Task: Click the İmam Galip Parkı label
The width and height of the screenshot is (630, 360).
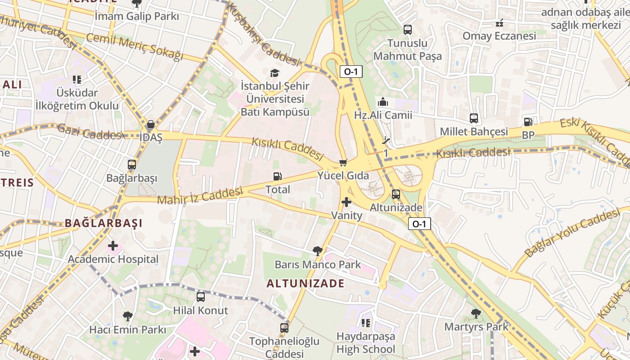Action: click(x=137, y=17)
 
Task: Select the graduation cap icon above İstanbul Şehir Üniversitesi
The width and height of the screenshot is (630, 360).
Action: click(x=274, y=73)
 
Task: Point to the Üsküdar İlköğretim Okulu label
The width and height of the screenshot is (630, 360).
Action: click(x=77, y=99)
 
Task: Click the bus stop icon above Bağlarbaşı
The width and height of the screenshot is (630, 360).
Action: click(x=132, y=165)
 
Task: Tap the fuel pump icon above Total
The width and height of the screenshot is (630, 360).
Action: click(x=278, y=177)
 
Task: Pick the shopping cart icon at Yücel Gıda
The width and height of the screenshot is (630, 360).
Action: click(x=343, y=162)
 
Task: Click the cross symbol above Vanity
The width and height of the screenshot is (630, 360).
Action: click(x=346, y=202)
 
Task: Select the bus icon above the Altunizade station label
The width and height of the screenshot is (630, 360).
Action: click(x=396, y=194)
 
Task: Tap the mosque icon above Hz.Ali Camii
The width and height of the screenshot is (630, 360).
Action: click(x=383, y=102)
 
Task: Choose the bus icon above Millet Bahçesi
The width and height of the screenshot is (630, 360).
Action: click(x=474, y=118)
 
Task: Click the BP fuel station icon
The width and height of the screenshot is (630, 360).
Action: click(x=528, y=122)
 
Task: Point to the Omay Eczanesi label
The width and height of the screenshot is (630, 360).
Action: click(x=499, y=36)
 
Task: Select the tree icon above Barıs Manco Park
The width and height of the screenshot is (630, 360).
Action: click(x=318, y=251)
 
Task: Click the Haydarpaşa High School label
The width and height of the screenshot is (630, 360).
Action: click(x=366, y=342)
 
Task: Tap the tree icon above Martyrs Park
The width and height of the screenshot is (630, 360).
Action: click(x=476, y=314)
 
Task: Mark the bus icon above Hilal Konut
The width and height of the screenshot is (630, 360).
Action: click(x=201, y=297)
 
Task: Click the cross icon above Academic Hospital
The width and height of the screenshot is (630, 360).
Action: click(x=113, y=246)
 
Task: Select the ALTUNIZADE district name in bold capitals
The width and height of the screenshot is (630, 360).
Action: click(x=306, y=283)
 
